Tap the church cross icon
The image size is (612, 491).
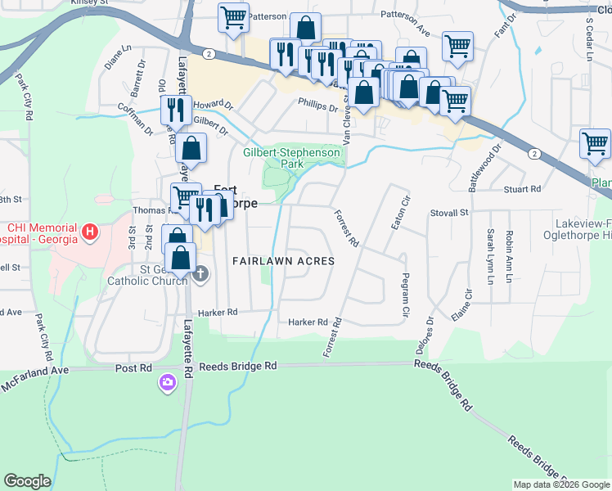point(200,275)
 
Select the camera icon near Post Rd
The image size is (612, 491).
point(168,383)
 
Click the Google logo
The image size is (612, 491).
point(27,481)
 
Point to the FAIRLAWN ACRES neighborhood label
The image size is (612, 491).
point(283,261)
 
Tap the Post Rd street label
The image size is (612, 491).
point(134,368)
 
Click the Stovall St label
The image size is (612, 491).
point(448,214)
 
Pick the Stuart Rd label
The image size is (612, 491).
point(524,189)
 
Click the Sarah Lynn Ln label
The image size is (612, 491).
point(491,257)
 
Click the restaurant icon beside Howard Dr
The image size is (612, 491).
point(176,110)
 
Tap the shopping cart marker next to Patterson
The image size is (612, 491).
point(233,17)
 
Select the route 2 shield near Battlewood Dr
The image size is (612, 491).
point(534,154)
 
